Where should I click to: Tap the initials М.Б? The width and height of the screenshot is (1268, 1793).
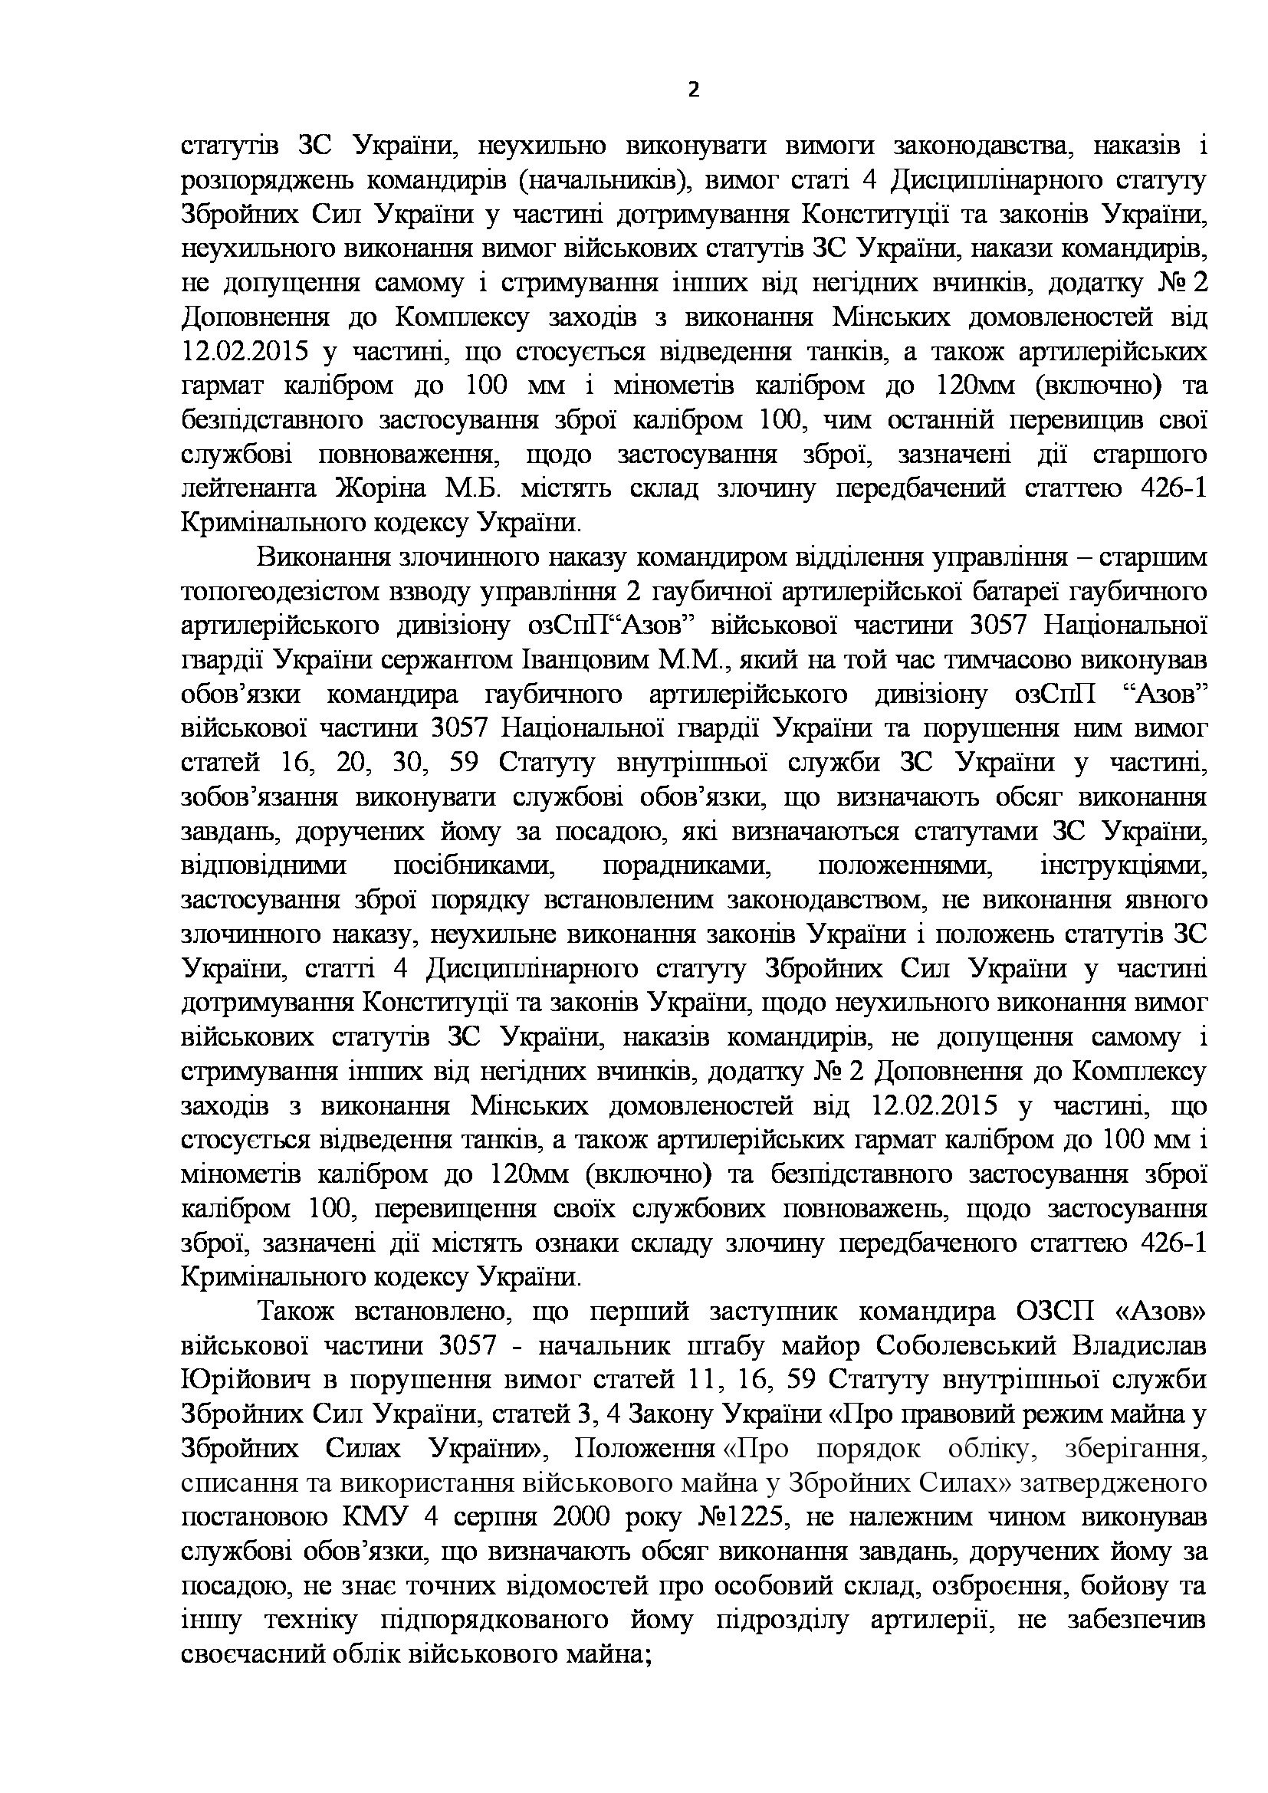pyautogui.click(x=469, y=488)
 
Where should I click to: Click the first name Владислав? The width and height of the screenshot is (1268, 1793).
pyautogui.click(x=1137, y=1347)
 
